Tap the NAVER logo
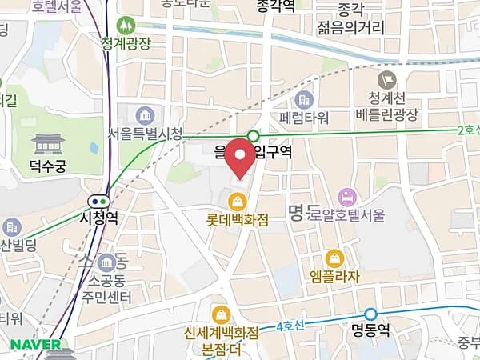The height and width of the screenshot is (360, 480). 36,344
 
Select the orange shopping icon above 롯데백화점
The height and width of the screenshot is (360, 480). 236,200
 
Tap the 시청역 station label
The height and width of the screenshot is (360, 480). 99,217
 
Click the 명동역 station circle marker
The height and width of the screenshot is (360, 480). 370,314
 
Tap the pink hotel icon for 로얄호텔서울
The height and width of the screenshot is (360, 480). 346,196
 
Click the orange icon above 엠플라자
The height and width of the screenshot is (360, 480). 334,258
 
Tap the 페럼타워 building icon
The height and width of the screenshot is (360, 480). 303,100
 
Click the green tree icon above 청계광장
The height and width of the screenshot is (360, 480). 126,26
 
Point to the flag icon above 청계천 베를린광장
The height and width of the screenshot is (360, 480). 388,78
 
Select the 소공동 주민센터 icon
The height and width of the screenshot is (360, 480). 106,262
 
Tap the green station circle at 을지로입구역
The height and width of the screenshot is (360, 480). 254,136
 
